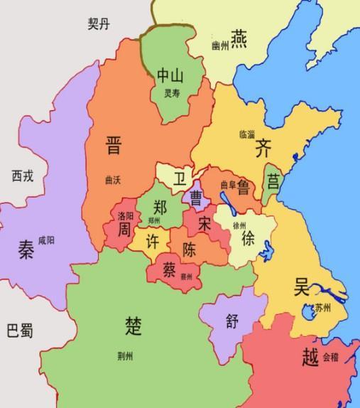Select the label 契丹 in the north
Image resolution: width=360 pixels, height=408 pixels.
click(99, 24)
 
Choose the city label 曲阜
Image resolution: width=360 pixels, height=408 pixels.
click(227, 186)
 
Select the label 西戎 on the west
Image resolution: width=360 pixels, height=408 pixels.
click(23, 174)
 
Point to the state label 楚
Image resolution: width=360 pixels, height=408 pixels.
click(133, 326)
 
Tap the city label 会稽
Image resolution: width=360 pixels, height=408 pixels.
click(331, 358)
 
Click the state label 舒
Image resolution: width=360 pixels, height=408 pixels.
click(231, 320)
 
